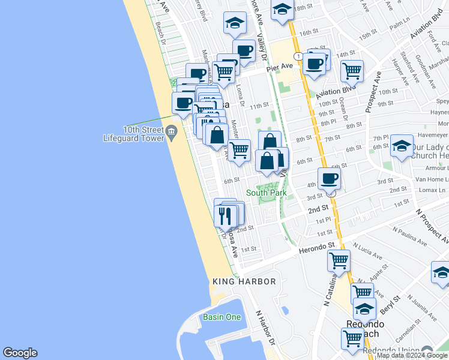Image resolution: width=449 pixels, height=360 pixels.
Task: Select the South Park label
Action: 266,193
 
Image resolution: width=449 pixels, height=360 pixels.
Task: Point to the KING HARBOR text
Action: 244,281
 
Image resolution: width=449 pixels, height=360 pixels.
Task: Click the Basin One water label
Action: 221,317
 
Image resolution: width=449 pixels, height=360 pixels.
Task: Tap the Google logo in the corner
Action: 20,353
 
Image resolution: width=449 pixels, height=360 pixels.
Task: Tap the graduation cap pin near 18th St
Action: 282,10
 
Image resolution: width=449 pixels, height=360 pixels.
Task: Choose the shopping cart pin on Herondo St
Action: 339,260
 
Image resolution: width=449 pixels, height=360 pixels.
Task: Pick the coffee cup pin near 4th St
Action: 329,178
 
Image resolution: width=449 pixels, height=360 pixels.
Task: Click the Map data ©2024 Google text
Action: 412,355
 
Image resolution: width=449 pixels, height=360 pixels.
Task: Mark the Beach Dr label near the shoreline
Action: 160,33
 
